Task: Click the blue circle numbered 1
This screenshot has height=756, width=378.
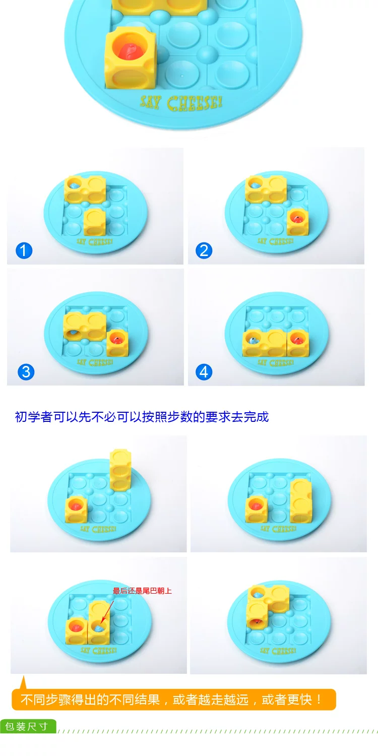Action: pyautogui.click(x=24, y=251)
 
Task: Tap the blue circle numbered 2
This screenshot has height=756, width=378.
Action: pyautogui.click(x=204, y=251)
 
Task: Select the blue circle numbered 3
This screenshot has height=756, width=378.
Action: pyautogui.click(x=26, y=372)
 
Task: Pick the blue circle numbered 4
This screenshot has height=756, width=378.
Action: pyautogui.click(x=204, y=372)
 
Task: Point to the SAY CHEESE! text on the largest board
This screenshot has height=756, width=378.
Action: pyautogui.click(x=181, y=103)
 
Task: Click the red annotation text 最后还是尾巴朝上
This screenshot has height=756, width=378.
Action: pyautogui.click(x=142, y=591)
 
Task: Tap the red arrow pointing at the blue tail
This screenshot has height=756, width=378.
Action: pyautogui.click(x=107, y=612)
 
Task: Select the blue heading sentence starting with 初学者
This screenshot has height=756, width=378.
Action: pyautogui.click(x=142, y=417)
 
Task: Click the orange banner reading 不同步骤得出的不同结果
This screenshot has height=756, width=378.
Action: pyautogui.click(x=174, y=700)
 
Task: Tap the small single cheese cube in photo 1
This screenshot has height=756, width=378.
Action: pyautogui.click(x=95, y=222)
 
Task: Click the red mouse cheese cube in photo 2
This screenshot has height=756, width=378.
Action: pyautogui.click(x=297, y=221)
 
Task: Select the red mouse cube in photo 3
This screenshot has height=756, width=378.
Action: pyautogui.click(x=117, y=343)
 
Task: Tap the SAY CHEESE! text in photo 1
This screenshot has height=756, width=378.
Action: pyautogui.click(x=95, y=241)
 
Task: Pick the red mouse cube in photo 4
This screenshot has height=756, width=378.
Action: pyautogui.click(x=298, y=343)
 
